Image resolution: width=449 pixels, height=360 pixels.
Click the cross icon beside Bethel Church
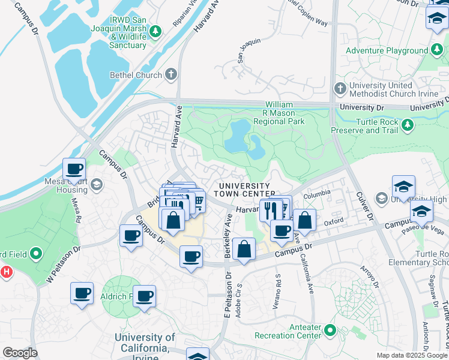[171, 75]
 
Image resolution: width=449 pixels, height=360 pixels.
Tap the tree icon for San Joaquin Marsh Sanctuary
[155, 31]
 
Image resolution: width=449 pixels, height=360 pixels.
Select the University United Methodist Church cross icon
[340, 89]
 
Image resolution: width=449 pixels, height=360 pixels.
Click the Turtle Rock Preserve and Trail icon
[408, 125]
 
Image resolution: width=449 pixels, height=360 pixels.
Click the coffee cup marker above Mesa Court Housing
[74, 169]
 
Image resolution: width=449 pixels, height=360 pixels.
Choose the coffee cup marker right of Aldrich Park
[144, 296]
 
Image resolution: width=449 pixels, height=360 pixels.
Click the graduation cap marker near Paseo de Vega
[421, 211]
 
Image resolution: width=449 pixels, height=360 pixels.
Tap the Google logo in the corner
[20, 353]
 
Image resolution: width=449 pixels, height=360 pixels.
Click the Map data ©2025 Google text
[411, 355]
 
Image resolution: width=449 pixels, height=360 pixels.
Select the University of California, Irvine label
[145, 343]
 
